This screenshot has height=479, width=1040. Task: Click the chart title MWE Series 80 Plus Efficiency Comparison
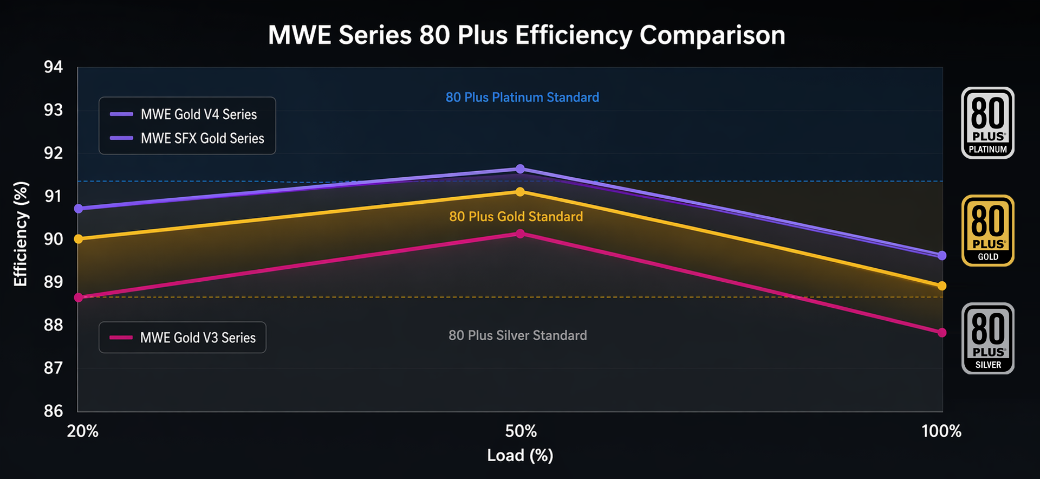point(526,35)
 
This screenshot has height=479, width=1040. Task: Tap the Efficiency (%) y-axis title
point(21,234)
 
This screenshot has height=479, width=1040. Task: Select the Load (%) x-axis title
point(520,455)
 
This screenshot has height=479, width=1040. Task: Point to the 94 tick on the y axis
point(53,67)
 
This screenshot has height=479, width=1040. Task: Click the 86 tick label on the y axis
point(53,411)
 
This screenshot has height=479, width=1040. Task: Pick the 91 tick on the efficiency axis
point(53,196)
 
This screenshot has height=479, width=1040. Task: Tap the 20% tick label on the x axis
point(82,431)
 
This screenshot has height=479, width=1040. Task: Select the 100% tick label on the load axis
point(941,431)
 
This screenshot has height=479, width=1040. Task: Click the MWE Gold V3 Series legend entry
point(182,338)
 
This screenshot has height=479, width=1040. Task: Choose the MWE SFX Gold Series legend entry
point(187,138)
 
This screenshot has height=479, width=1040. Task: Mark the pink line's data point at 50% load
point(520,234)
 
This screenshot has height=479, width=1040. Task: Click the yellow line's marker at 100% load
point(942,286)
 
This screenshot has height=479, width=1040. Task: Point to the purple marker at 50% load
point(520,169)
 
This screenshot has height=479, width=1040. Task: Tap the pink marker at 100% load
point(942,332)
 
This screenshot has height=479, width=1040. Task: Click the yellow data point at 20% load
point(79,239)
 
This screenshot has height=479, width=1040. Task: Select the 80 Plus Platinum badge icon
point(988,123)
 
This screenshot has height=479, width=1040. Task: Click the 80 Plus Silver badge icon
point(988,339)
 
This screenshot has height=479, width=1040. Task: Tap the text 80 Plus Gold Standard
point(516,217)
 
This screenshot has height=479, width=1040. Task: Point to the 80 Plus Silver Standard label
point(518,335)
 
